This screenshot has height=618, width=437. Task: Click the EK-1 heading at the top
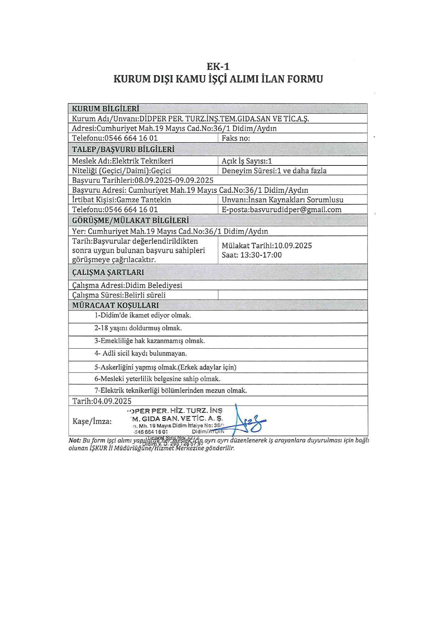tap(218, 67)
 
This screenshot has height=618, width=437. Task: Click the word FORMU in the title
tap(304, 79)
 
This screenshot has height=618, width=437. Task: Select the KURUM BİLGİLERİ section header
tap(105, 108)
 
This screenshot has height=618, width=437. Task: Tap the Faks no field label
tap(236, 138)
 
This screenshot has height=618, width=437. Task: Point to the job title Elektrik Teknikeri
tap(142, 161)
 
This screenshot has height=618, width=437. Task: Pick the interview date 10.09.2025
tap(293, 246)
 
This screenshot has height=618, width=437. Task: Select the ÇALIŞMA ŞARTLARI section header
tap(108, 272)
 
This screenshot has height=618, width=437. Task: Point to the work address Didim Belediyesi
tap(153, 285)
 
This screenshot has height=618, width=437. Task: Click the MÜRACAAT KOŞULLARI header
tap(115, 305)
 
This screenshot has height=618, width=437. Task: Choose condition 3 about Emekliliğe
tap(150, 341)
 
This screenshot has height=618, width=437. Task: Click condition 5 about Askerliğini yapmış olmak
tap(165, 367)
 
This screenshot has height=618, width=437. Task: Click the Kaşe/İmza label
tap(92, 421)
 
